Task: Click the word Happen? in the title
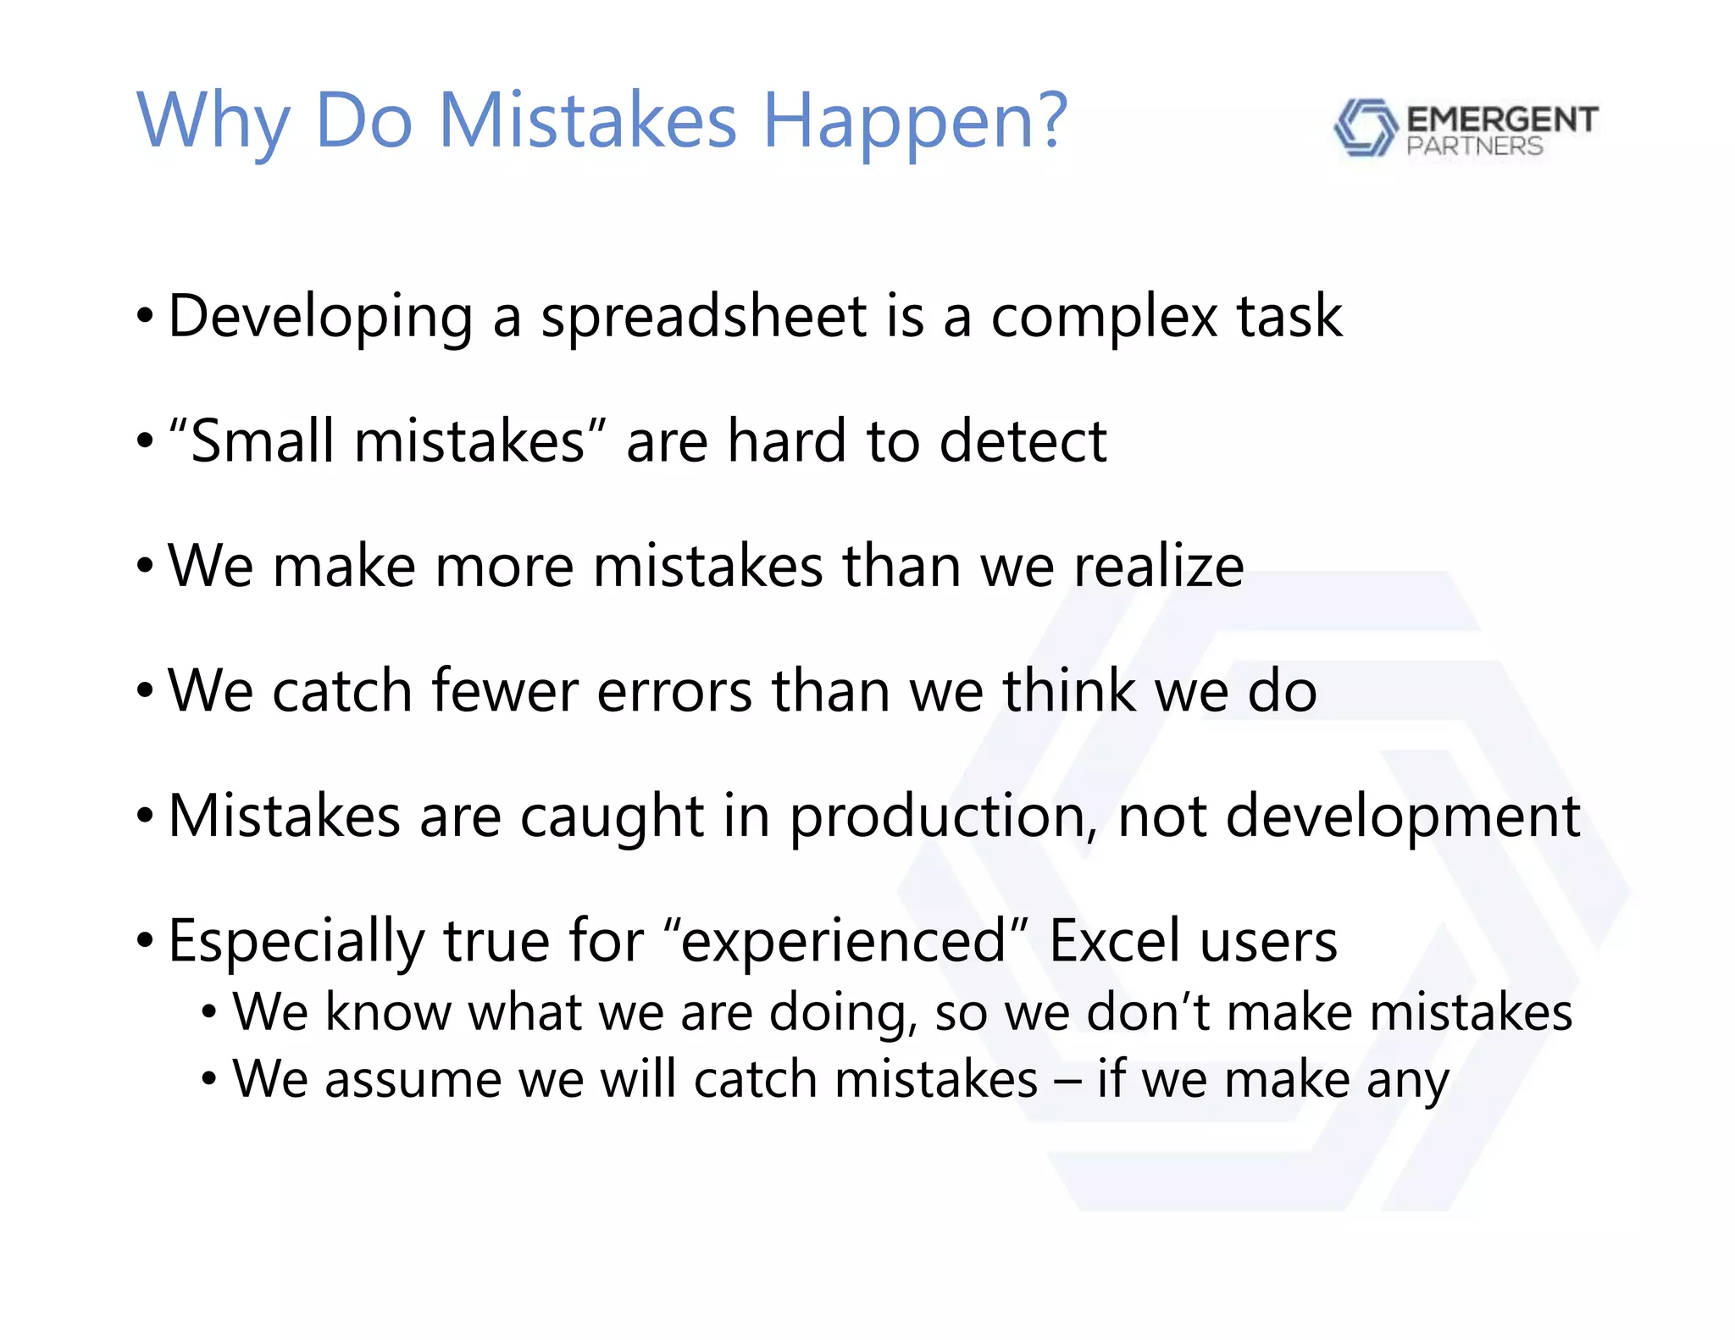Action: [x=915, y=123]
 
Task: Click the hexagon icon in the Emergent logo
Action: [x=1365, y=128]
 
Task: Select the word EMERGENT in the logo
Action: [x=1502, y=119]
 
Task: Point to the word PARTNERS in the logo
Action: [x=1474, y=147]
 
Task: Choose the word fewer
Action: [x=505, y=690]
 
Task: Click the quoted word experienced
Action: [x=842, y=942]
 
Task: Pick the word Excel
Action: [x=1114, y=940]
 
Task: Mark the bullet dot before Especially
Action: [x=146, y=940]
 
